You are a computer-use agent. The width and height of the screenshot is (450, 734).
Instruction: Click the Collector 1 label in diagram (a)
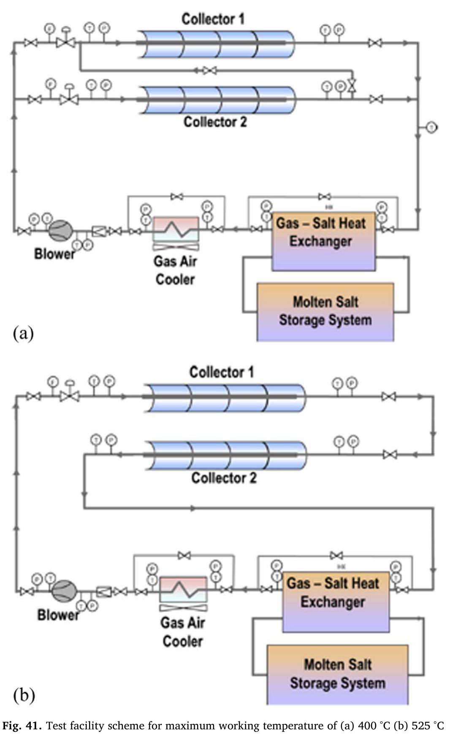pos(213,19)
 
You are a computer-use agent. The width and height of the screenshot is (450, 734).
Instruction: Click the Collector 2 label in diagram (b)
pos(224,478)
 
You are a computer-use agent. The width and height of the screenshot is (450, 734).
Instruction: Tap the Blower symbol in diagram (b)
pos(64,590)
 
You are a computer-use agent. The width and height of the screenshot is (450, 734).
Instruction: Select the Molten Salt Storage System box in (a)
pos(325,312)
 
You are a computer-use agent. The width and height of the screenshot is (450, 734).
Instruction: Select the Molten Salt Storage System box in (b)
pos(337,674)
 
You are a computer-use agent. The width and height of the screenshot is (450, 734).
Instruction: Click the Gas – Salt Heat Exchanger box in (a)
pos(323,241)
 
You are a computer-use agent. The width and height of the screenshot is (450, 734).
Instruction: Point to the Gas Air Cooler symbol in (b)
pos(183,590)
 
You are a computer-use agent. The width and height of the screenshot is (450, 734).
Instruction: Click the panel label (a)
pos(23,333)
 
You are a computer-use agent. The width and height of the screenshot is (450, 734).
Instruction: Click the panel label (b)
pos(24,695)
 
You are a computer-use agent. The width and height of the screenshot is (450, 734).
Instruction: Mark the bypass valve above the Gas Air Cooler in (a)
pos(177,196)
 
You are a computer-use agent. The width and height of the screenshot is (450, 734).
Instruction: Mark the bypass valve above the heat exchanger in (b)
pos(336,555)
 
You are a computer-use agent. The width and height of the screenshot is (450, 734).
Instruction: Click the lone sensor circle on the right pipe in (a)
pos(431,127)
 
